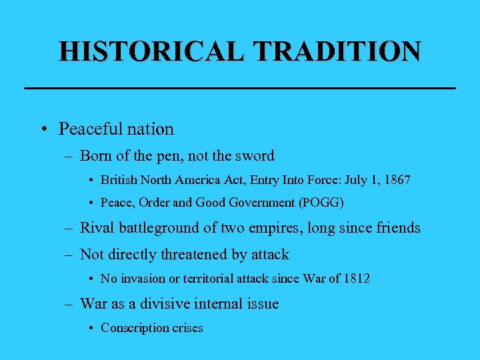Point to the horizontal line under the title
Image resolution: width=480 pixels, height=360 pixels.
pos(239,88)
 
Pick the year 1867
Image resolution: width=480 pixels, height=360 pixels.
pos(397,180)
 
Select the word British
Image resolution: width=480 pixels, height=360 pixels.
pos(118,180)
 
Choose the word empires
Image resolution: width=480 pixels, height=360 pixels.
pos(277,228)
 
